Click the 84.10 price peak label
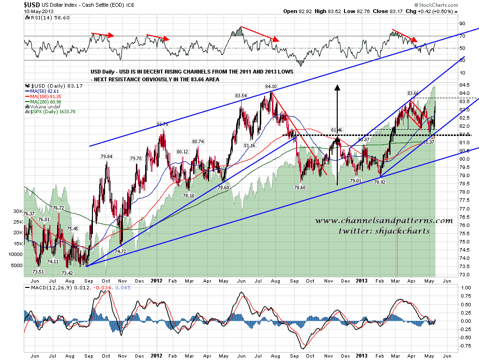[270, 87]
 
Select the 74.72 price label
[120, 252]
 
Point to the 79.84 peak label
[106, 156]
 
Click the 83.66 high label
[412, 93]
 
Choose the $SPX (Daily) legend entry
[47, 112]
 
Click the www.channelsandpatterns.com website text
[384, 221]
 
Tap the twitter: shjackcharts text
[384, 231]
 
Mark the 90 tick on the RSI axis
[462, 23]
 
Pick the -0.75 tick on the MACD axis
[466, 345]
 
